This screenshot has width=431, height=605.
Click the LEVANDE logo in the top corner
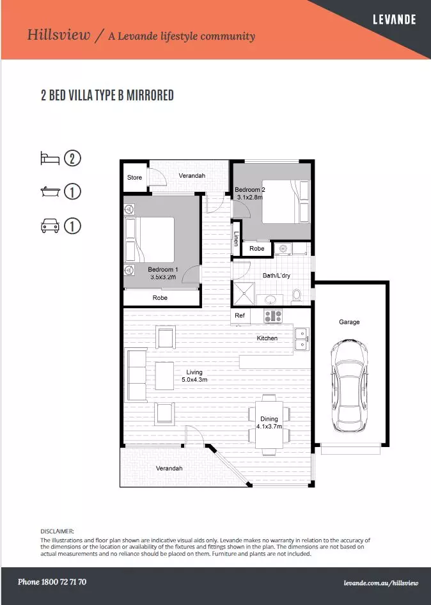click(394, 19)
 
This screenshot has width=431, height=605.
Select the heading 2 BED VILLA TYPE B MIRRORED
click(107, 96)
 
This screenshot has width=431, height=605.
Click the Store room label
click(134, 177)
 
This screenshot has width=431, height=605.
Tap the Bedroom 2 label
click(249, 190)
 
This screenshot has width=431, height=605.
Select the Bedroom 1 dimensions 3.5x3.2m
click(163, 277)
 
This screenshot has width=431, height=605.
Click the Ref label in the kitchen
click(240, 315)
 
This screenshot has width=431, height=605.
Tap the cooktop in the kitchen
click(274, 315)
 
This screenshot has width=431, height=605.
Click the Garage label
click(349, 322)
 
